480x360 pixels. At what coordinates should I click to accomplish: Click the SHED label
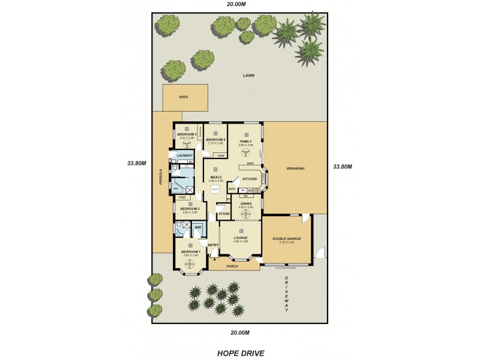pyautogui.click(x=184, y=97)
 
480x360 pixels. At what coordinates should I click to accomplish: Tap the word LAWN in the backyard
pyautogui.click(x=248, y=76)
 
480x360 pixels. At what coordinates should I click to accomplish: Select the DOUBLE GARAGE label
pyautogui.click(x=287, y=238)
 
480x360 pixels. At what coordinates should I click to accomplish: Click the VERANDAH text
pyautogui.click(x=295, y=169)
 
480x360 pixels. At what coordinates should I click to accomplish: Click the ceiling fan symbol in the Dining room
pyautogui.click(x=246, y=213)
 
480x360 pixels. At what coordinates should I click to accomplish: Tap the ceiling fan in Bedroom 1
pyautogui.click(x=191, y=263)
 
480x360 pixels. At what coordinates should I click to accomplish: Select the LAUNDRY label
pyautogui.click(x=184, y=156)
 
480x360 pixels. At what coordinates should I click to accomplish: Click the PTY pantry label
pyautogui.click(x=232, y=189)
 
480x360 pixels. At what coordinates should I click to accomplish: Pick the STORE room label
pyautogui.click(x=224, y=214)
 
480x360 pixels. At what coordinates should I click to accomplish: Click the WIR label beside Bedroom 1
pyautogui.click(x=197, y=227)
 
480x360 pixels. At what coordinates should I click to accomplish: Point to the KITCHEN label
pyautogui.click(x=250, y=179)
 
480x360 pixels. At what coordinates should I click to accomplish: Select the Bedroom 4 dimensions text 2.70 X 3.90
pyautogui.click(x=215, y=143)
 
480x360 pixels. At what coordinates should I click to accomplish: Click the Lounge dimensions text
pyautogui.click(x=241, y=241)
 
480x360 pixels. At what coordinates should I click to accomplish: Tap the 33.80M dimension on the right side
pyautogui.click(x=343, y=167)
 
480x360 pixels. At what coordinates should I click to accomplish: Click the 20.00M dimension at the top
pyautogui.click(x=236, y=4)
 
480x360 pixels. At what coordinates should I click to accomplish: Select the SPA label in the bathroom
pyautogui.click(x=176, y=189)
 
